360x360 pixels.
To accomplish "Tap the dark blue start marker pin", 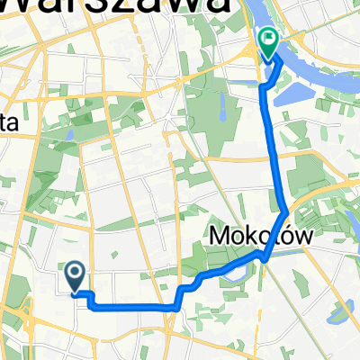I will [75, 273].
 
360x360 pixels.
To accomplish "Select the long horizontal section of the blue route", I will [135, 307].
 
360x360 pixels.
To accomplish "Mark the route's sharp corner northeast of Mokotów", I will [286, 212].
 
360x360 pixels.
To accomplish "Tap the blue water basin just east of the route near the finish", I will [286, 91].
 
